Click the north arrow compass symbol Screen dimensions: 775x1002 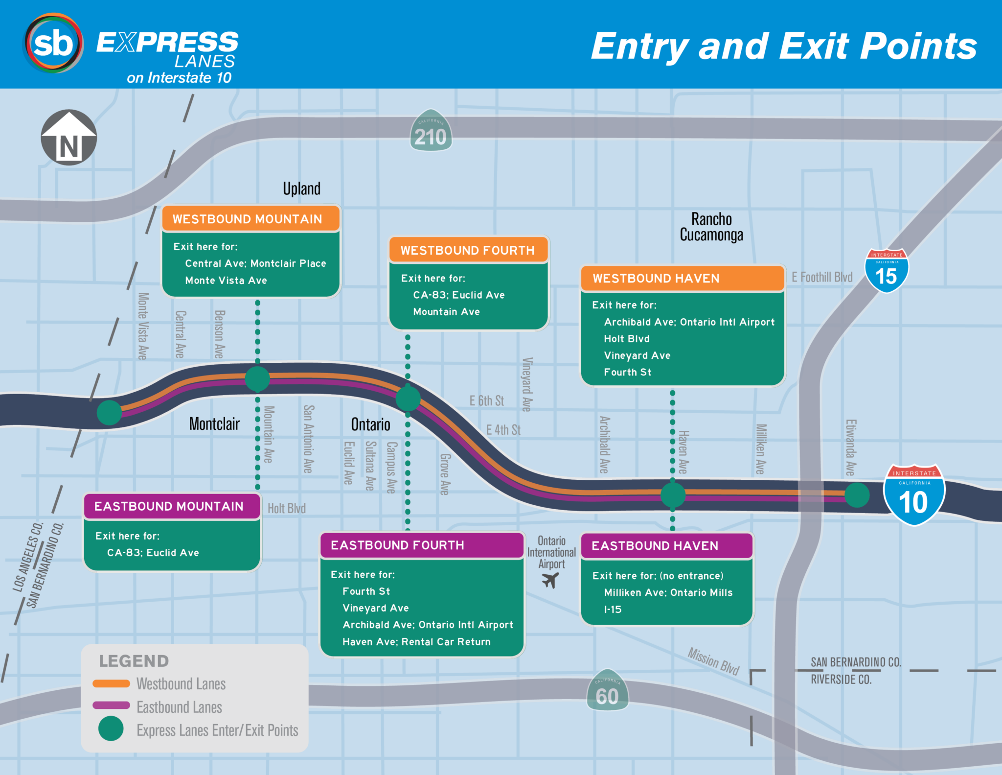[68, 138]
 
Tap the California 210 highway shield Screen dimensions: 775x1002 [431, 131]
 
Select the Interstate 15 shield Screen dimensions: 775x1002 [886, 271]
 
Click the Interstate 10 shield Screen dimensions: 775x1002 [913, 495]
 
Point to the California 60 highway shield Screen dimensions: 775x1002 [607, 690]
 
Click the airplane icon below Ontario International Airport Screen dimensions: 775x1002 [550, 581]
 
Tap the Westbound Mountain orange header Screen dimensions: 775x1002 [250, 219]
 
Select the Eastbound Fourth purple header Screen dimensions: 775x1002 [421, 545]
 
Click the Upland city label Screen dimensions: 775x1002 [301, 189]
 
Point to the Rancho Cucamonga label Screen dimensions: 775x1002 [711, 227]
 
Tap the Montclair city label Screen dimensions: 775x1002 [214, 424]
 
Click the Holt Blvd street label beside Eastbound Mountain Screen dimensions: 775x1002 [287, 509]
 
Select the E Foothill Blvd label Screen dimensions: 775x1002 [822, 277]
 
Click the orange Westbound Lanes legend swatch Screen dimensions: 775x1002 [111, 683]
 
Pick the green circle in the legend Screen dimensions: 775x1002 [111, 728]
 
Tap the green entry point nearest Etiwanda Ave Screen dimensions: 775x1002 [857, 495]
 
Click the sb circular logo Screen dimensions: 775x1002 [53, 44]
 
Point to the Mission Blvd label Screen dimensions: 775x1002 [713, 661]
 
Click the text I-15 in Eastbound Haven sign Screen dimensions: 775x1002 [613, 610]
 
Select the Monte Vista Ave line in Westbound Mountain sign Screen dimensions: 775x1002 [226, 281]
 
